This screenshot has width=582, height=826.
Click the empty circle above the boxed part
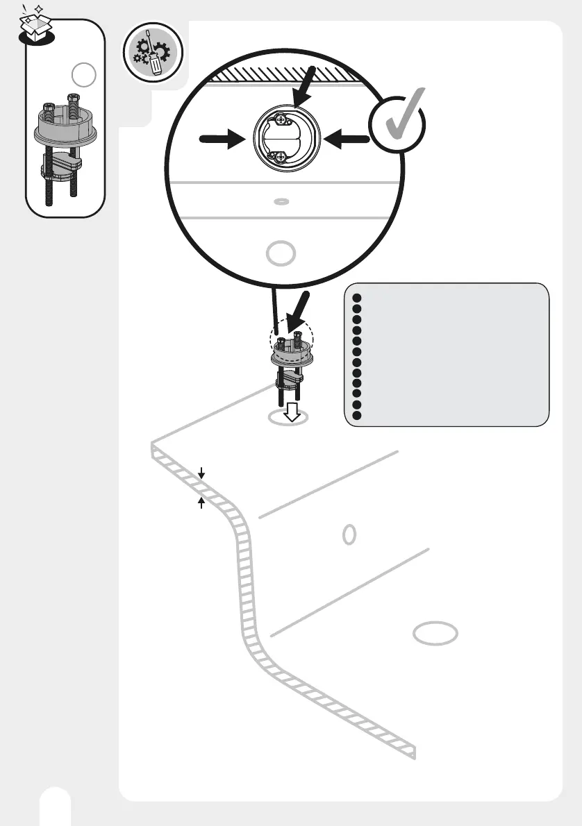coord(83,75)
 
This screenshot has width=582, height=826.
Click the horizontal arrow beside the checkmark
coord(345,140)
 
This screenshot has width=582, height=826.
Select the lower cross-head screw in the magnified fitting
coord(281,158)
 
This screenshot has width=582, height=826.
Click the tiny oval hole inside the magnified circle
coord(281,202)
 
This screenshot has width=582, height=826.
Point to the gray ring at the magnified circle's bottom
coord(281,253)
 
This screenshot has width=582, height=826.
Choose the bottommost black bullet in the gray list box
coord(357,415)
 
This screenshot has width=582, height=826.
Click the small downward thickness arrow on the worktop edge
coord(201,474)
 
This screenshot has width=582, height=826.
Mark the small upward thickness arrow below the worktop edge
coord(201,503)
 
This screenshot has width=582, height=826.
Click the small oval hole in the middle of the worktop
coord(350,534)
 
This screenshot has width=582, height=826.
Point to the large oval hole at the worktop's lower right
coord(435,633)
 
